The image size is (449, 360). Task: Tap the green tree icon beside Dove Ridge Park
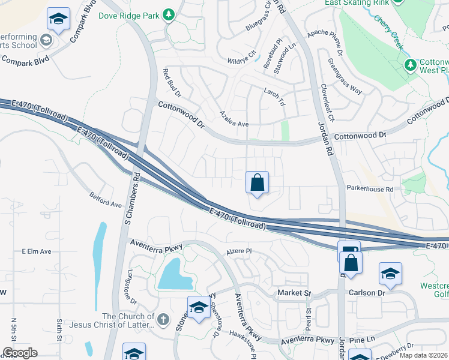169,13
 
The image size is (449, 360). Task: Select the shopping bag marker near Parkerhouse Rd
257,182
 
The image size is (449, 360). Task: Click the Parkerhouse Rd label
369,188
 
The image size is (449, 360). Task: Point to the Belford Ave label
106,200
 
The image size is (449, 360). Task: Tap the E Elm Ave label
37,251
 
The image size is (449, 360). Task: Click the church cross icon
164,317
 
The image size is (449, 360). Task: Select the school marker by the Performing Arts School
58,20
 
